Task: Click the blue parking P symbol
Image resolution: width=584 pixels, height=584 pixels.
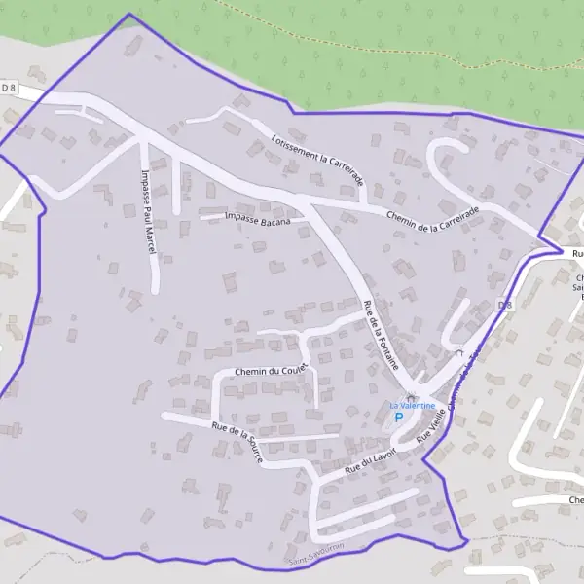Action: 399,417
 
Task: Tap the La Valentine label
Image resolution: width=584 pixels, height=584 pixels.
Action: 413,406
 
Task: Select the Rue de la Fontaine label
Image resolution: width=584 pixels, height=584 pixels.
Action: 381,335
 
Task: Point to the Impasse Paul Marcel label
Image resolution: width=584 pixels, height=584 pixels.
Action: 147,212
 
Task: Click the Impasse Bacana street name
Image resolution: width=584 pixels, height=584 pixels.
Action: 258,216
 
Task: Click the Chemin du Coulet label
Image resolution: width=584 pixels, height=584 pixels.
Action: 272,371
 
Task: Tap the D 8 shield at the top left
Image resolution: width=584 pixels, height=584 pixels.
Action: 10,87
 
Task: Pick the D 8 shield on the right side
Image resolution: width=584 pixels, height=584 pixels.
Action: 504,306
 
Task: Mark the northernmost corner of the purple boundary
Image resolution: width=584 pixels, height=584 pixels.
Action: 128,14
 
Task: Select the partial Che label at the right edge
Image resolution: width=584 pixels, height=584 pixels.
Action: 573,499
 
